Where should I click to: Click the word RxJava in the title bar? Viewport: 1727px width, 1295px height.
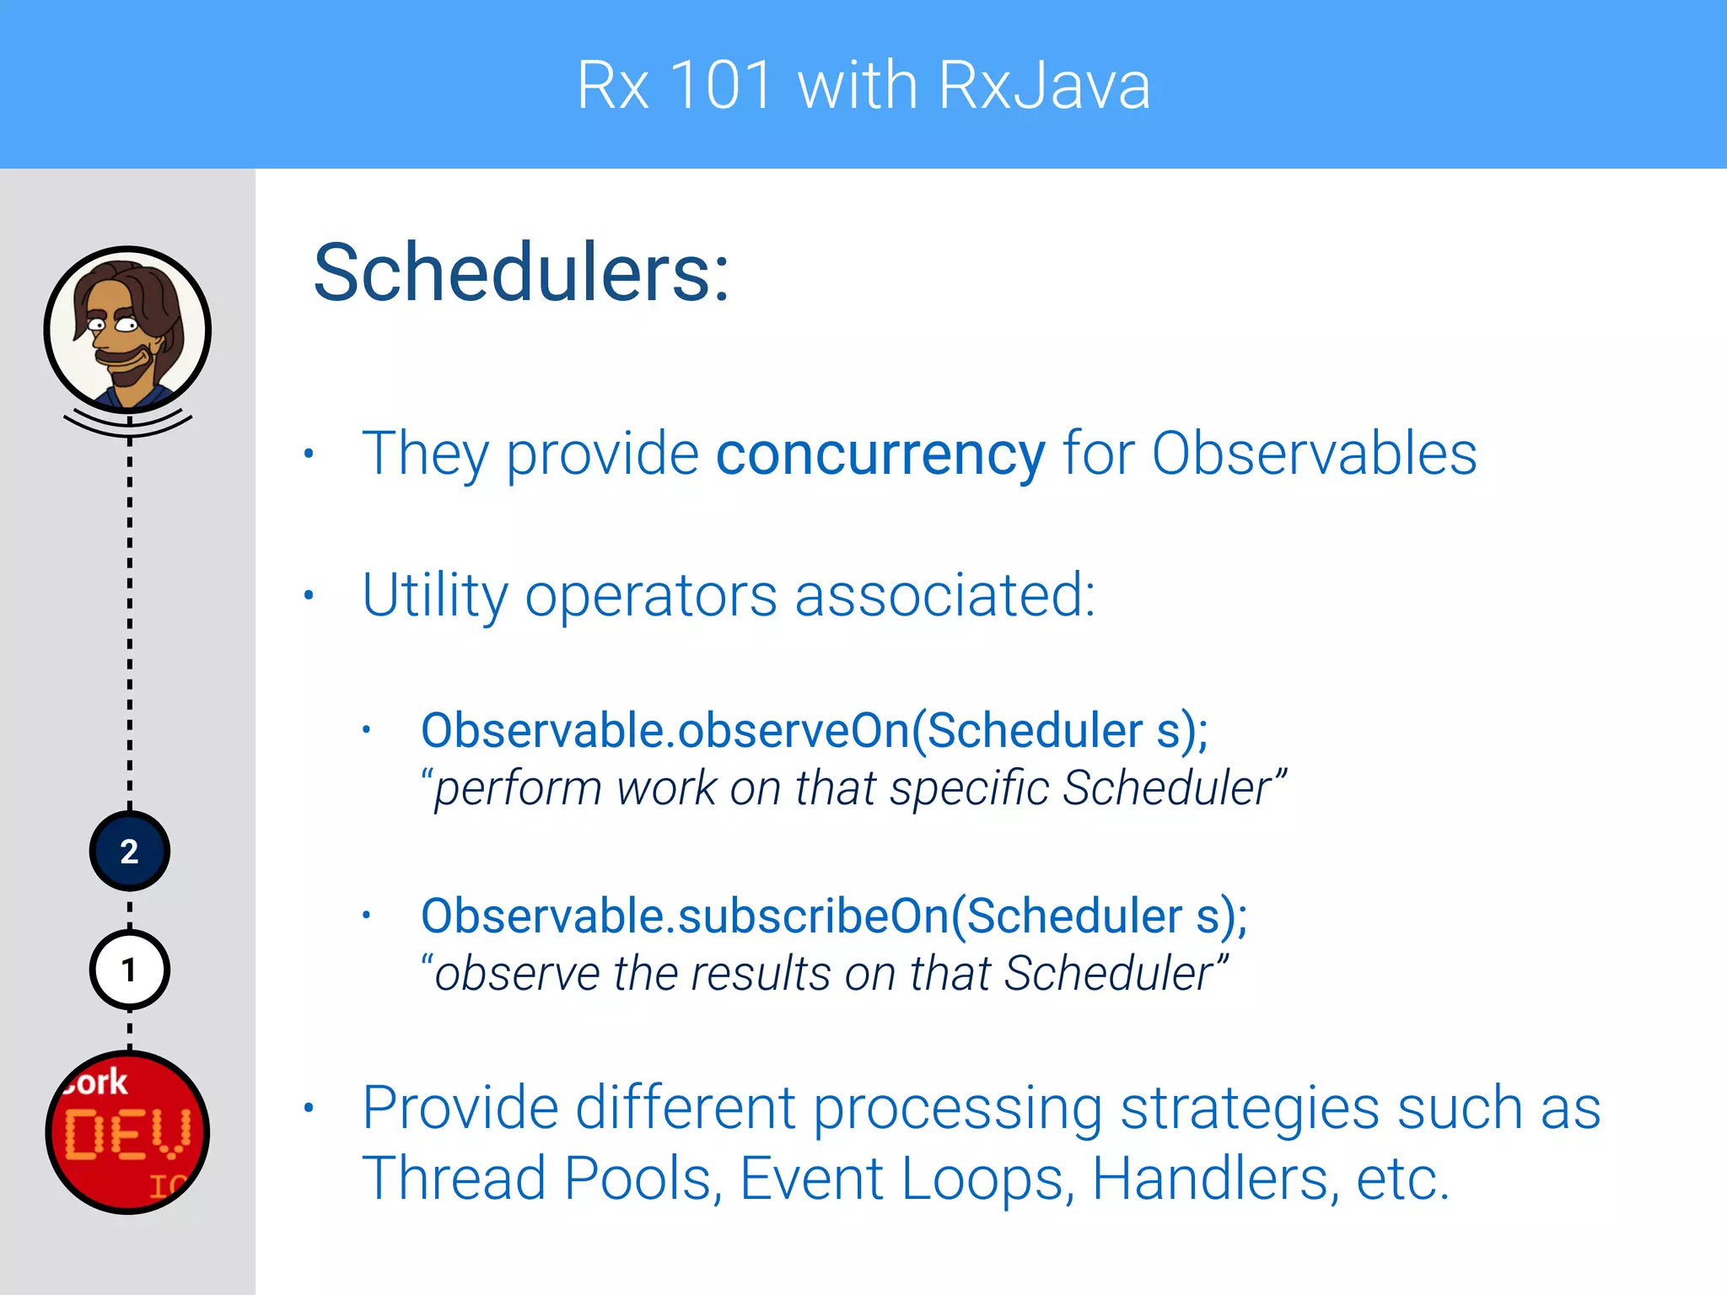click(x=1044, y=85)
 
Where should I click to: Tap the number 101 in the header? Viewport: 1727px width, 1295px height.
click(x=722, y=85)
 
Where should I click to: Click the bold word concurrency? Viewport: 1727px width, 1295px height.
click(x=880, y=454)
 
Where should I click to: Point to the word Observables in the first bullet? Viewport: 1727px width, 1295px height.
click(x=1314, y=454)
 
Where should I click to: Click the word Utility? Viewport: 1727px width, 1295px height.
click(x=434, y=596)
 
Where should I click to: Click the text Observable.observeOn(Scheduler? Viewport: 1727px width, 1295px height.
click(x=781, y=730)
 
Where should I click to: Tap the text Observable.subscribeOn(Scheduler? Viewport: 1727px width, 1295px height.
click(x=801, y=916)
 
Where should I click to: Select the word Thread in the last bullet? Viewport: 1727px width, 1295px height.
click(x=454, y=1178)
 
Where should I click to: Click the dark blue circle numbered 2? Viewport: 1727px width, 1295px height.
click(x=129, y=852)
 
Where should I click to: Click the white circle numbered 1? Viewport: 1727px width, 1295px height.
click(x=129, y=970)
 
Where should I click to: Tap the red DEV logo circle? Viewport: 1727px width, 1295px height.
click(x=127, y=1132)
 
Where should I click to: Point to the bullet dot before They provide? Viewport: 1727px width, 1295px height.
click(x=309, y=454)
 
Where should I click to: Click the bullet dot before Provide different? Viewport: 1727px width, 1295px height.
click(x=309, y=1108)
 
